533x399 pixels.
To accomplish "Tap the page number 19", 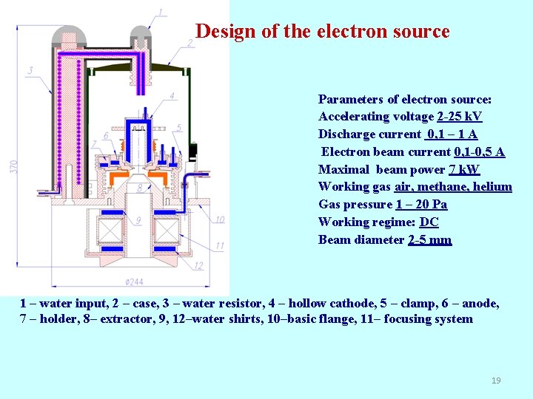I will coord(496,381).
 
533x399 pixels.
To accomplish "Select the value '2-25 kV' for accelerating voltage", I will coord(459,117).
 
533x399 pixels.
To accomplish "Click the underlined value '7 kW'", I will coord(464,169).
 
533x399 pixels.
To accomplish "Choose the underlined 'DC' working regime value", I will coord(429,222).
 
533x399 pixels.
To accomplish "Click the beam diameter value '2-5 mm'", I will coord(429,239).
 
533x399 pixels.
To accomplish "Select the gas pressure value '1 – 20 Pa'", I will coord(421,205).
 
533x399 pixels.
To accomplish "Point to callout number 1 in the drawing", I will coord(161,13).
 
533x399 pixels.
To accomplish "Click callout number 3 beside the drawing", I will coord(30,71).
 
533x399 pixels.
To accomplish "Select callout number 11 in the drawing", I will coord(220,245).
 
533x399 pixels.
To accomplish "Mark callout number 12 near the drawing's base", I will coord(198,266).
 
